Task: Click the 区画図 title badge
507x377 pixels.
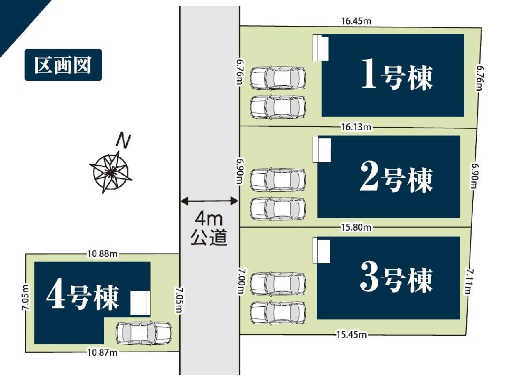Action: pyautogui.click(x=63, y=64)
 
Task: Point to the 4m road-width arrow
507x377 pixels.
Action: pyautogui.click(x=209, y=201)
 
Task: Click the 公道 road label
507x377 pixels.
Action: pyautogui.click(x=209, y=237)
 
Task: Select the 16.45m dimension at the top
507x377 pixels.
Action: pyautogui.click(x=356, y=21)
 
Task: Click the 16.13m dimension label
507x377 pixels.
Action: pyautogui.click(x=356, y=127)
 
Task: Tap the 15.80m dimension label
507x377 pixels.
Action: pyautogui.click(x=356, y=227)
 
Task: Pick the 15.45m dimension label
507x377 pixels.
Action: pyautogui.click(x=352, y=334)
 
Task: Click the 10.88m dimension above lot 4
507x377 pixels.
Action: pyautogui.click(x=102, y=254)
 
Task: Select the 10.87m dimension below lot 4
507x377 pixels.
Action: pyautogui.click(x=102, y=352)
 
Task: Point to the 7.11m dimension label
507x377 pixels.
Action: pyautogui.click(x=468, y=280)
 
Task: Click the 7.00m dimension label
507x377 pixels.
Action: pyautogui.click(x=241, y=281)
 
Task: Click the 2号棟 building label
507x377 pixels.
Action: pyautogui.click(x=397, y=177)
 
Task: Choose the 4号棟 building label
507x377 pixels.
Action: pyautogui.click(x=83, y=297)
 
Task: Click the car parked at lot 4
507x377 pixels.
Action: pyautogui.click(x=144, y=333)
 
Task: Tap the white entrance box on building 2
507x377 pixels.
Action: pyautogui.click(x=322, y=150)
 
